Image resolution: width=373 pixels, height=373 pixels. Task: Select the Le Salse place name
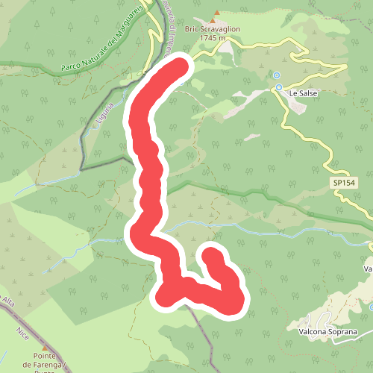(304, 93)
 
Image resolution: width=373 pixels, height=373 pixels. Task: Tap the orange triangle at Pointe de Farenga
(45, 348)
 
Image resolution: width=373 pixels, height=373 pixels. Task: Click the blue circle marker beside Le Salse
(279, 87)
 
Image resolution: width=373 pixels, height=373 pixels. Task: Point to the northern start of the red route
(181, 68)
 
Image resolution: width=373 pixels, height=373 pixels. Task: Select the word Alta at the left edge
(7, 302)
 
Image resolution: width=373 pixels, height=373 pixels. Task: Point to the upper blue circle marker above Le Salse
(277, 75)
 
